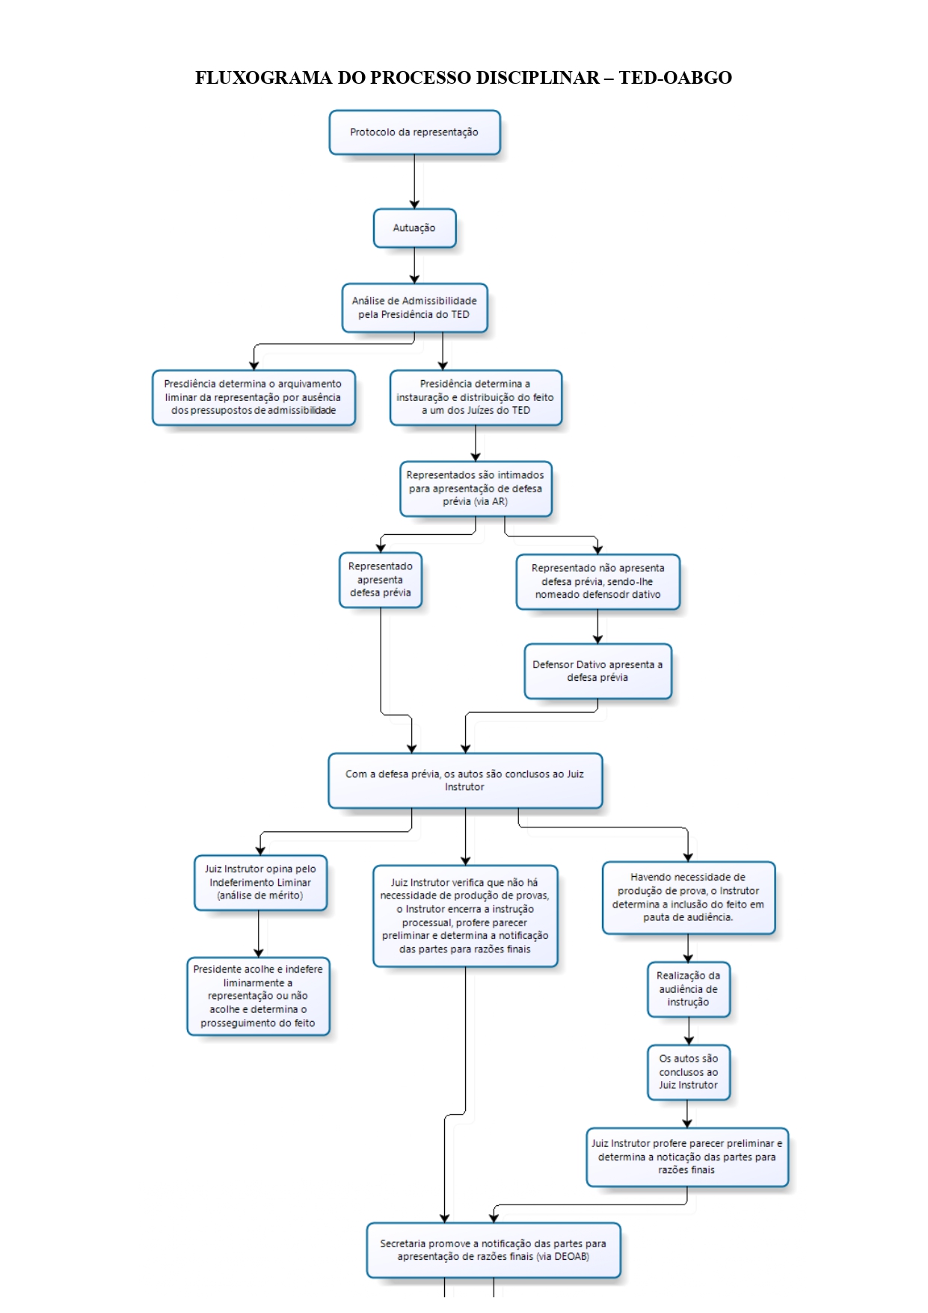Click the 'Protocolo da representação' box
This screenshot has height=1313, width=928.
(x=414, y=132)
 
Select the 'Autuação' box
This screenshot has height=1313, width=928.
(x=414, y=228)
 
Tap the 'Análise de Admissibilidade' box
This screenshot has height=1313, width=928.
(x=414, y=307)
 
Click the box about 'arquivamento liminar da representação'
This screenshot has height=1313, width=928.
(x=253, y=397)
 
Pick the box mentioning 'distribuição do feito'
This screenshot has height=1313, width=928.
(x=476, y=397)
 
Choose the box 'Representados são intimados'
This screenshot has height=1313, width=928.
(x=476, y=489)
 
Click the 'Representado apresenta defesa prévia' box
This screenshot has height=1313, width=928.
(x=381, y=580)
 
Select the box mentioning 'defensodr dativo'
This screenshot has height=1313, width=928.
(x=598, y=581)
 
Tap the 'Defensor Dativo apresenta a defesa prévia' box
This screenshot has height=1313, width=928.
(x=598, y=671)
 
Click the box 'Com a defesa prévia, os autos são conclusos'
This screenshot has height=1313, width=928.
(x=465, y=780)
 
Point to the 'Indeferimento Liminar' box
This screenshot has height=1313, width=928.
(x=260, y=883)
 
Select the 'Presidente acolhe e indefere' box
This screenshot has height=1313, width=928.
(x=258, y=996)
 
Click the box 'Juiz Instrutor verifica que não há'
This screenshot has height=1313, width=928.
(x=465, y=916)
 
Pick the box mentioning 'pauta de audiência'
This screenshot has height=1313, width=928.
(x=689, y=898)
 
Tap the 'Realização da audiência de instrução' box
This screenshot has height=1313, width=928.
(x=689, y=989)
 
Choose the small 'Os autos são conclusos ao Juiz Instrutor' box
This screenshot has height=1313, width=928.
(x=689, y=1072)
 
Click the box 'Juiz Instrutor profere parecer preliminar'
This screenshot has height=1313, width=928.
(x=687, y=1157)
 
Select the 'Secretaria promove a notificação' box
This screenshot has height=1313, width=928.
(x=494, y=1250)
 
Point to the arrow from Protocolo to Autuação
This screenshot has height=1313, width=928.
(x=414, y=182)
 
